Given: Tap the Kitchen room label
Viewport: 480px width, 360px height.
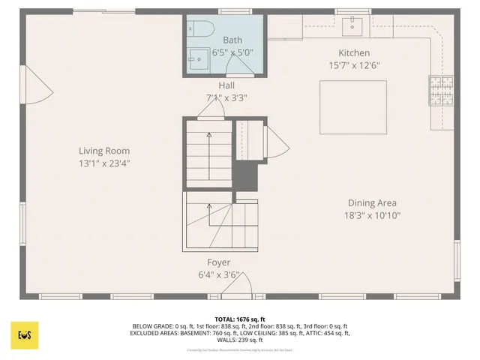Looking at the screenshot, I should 354,52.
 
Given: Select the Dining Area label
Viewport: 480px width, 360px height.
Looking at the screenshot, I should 372,202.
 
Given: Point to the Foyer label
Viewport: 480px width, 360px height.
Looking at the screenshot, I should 219,262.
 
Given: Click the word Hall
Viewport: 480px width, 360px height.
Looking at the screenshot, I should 226,85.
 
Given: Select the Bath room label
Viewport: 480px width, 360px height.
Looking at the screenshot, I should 232,40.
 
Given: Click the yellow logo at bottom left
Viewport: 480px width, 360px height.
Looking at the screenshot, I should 24,334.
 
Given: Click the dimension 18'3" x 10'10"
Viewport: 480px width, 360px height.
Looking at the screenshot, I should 372,215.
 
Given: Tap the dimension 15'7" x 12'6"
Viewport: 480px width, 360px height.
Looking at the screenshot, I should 354,65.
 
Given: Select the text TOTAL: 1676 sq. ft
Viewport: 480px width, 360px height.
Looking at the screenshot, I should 240,319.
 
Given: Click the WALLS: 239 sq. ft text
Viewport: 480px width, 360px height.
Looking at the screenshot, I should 240,340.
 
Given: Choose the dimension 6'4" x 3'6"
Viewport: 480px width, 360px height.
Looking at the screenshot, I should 219,275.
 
